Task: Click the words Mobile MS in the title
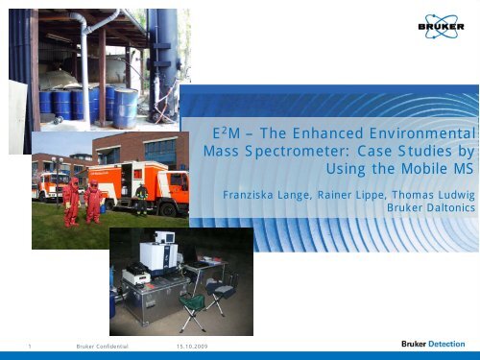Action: pos(441,169)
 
